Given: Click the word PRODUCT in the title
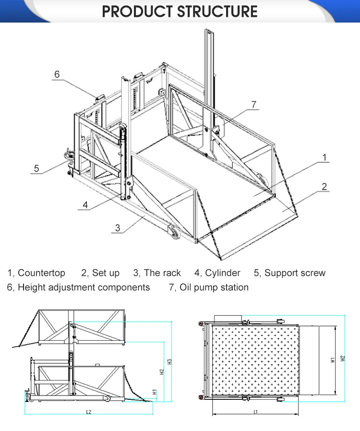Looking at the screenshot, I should (x=139, y=12).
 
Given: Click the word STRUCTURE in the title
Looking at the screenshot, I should (x=219, y=12).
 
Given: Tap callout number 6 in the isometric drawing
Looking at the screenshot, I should (x=57, y=74).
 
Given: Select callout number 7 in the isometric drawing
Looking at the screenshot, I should (x=254, y=105).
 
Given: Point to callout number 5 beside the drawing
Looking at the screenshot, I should (x=36, y=168).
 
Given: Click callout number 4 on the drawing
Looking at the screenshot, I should (x=85, y=205).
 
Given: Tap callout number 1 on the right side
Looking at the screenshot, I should (x=324, y=157).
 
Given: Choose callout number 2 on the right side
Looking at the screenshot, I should (x=324, y=187).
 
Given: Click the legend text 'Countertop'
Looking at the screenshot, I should (x=41, y=273).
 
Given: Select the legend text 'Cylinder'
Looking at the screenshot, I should (x=223, y=273).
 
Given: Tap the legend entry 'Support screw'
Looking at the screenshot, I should (x=295, y=273).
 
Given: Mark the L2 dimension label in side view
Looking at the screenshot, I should (x=89, y=411).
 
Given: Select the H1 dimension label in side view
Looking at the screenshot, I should (x=155, y=392).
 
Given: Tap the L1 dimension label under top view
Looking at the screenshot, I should (x=256, y=411).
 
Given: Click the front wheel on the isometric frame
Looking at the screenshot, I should (x=174, y=233).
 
